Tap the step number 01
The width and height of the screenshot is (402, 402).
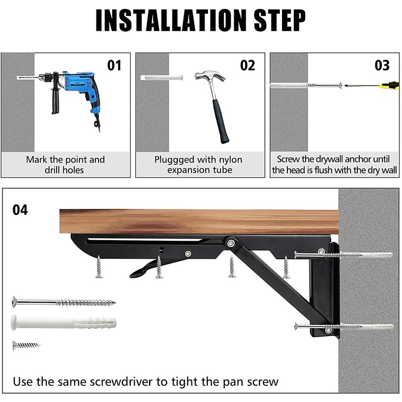115,65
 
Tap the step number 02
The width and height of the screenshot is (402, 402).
248,65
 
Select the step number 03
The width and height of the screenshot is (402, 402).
382,65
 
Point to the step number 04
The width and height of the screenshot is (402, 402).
20,210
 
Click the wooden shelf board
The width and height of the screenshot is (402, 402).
196,222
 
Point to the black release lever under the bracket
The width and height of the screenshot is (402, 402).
146,269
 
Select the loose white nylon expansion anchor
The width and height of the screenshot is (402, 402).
63,322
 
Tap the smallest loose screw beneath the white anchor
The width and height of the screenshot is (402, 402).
25,345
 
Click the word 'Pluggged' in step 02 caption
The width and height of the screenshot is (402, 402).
174,160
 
